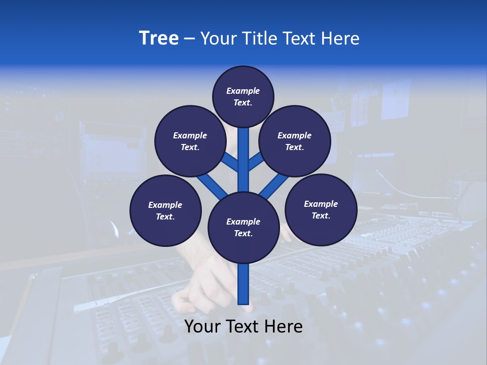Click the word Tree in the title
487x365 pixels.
pyautogui.click(x=159, y=39)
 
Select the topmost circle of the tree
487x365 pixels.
pyautogui.click(x=243, y=96)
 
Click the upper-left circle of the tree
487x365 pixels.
pyautogui.click(x=190, y=141)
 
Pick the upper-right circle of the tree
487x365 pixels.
pyautogui.click(x=295, y=141)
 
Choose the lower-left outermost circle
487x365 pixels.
pyautogui.click(x=165, y=210)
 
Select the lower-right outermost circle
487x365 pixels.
pyautogui.click(x=321, y=209)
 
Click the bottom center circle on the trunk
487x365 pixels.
pyautogui.click(x=243, y=228)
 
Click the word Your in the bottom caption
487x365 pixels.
pyautogui.click(x=202, y=326)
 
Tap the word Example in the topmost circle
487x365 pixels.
pyautogui.click(x=243, y=91)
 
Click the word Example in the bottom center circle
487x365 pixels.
pyautogui.click(x=243, y=222)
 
